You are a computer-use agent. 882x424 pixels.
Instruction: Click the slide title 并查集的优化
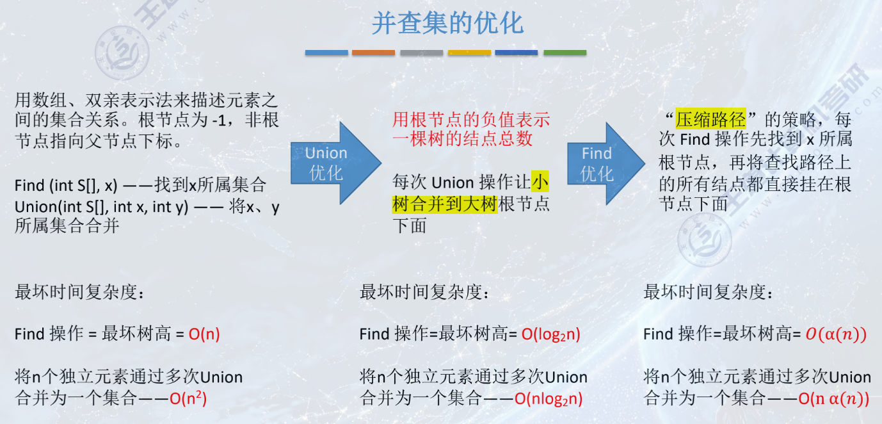[x=447, y=24]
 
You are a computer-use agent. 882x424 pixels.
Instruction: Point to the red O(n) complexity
[x=204, y=334]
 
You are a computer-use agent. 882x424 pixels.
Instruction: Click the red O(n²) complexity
[x=188, y=398]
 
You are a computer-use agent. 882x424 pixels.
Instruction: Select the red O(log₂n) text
[x=551, y=334]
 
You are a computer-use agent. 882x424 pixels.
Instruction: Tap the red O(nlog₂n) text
[x=549, y=398]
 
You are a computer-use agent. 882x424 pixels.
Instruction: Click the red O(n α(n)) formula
[x=834, y=398]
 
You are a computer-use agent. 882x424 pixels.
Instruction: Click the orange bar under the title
[x=374, y=53]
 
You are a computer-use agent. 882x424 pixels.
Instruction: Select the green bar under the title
[x=565, y=53]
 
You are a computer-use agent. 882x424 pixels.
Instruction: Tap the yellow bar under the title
[x=469, y=53]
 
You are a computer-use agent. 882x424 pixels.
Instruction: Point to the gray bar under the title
[x=422, y=53]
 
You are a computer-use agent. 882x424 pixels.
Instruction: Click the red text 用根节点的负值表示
[x=471, y=120]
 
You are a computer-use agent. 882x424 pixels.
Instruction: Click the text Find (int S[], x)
[x=66, y=186]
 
